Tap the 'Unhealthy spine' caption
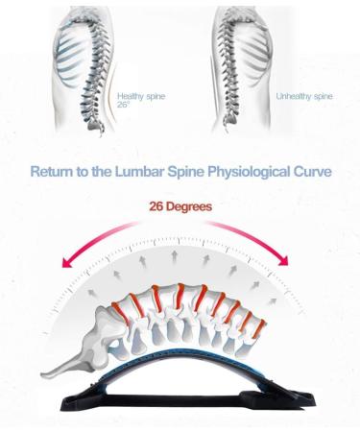[304, 96]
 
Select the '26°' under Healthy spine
[124, 105]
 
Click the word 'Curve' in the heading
[312, 173]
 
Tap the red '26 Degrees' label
[180, 205]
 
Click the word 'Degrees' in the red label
[195, 205]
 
